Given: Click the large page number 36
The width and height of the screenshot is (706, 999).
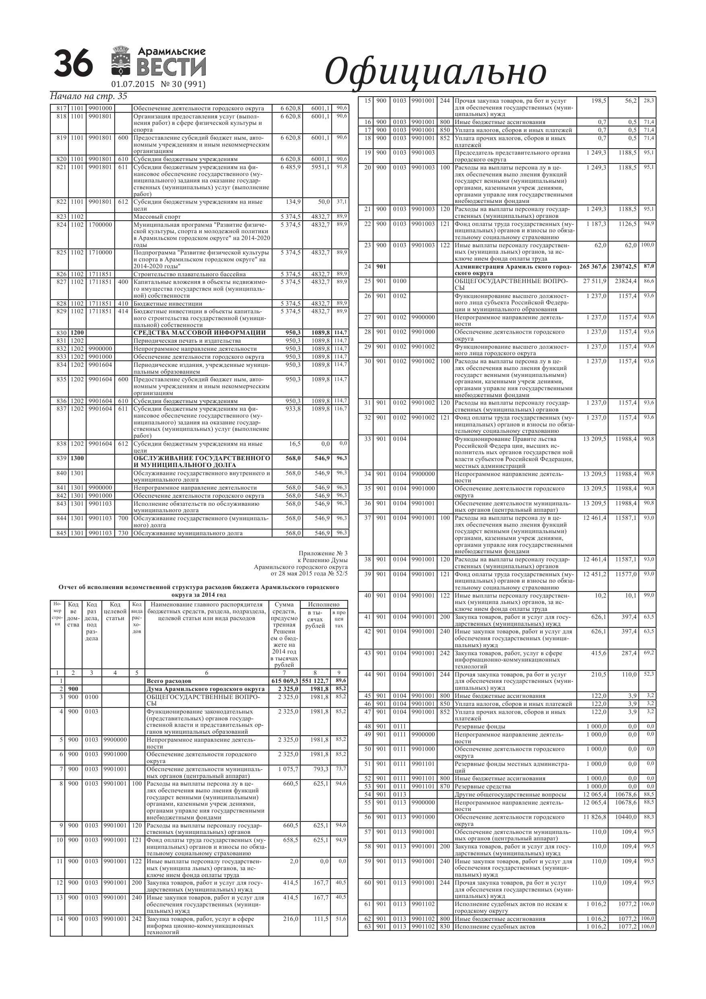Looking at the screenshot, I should click(73, 64).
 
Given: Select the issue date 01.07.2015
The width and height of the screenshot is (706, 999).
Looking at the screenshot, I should click(133, 85).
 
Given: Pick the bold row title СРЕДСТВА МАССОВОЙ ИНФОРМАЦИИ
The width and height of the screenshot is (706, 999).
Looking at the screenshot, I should click(199, 333).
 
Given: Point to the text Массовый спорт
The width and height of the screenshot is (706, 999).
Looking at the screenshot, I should click(157, 217).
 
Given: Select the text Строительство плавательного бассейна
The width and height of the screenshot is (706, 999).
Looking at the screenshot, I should click(189, 274).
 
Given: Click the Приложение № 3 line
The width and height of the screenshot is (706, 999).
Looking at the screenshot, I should click(323, 553).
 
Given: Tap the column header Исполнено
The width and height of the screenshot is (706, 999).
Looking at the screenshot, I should click(324, 604).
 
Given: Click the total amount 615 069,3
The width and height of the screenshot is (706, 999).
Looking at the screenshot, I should click(284, 681).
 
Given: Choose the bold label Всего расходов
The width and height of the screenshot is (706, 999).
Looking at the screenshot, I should click(169, 681).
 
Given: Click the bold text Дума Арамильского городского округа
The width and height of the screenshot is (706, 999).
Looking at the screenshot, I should click(205, 689).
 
